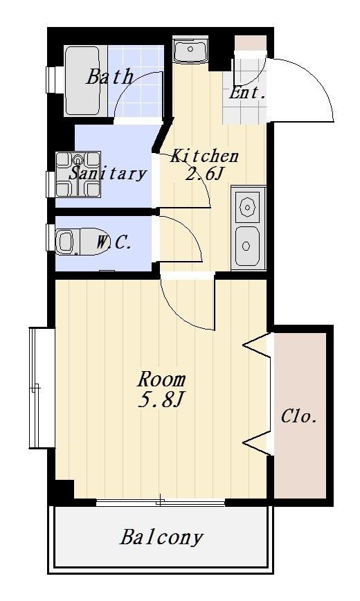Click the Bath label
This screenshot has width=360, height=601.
pos(109,76)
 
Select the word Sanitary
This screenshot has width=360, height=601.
pos(107,173)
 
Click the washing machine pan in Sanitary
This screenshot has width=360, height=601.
pos(78,174)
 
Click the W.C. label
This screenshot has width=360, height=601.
pos(114,242)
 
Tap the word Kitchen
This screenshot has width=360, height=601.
pos(204,156)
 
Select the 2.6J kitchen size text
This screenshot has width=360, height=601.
pos(204,174)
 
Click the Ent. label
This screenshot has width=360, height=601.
pos(247,93)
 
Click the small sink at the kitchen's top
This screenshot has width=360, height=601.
pos(190,50)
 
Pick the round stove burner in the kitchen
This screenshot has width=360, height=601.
pos(247,207)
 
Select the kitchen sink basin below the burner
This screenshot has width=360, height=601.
pos(247,246)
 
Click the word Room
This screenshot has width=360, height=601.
pos(161,379)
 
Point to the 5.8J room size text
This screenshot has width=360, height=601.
pos(161,400)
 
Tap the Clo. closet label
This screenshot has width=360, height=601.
pos(299,416)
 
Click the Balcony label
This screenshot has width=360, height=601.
pos(161,537)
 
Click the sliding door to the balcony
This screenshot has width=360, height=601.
pos(160,502)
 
